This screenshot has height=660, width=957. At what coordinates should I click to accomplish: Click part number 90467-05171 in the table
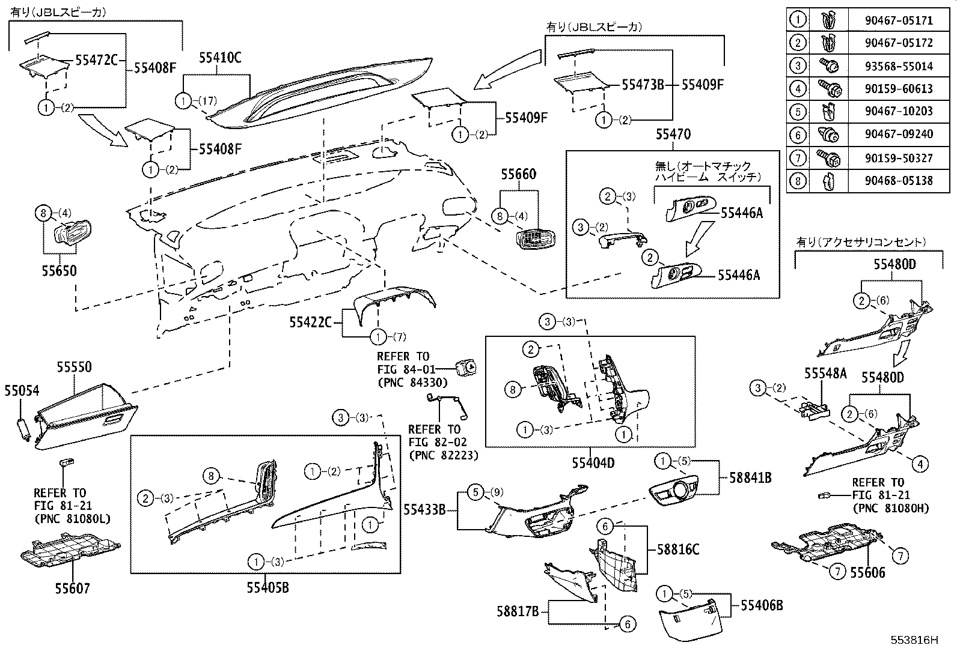899,20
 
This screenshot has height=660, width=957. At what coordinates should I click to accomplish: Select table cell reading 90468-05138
899,180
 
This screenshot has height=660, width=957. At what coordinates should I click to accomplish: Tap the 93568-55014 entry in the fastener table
899,66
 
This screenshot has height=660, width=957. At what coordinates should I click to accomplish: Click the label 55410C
219,58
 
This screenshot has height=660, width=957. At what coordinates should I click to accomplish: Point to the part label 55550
75,367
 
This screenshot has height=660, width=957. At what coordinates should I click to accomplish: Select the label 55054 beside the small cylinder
22,391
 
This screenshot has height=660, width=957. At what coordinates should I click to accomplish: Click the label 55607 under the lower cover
71,588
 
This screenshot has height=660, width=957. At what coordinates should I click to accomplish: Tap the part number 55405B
268,587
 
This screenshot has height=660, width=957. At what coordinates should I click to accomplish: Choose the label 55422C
310,323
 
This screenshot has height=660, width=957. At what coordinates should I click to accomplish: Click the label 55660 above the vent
519,175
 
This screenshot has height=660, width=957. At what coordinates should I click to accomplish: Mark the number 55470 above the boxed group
673,135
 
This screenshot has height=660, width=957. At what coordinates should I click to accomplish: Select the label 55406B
762,605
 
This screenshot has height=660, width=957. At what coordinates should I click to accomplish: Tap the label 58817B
517,611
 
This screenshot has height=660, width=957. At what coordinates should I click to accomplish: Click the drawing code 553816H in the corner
914,640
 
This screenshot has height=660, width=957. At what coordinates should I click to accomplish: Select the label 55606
867,572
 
